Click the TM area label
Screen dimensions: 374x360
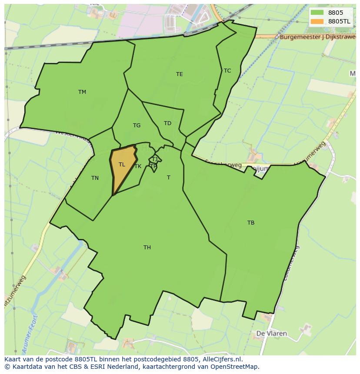82,92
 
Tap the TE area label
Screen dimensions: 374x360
180,74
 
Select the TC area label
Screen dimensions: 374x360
227,70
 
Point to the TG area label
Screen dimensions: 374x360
137,126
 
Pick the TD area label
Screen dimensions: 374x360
167,123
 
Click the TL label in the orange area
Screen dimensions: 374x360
122,165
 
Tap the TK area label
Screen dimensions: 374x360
138,166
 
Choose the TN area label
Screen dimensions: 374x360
95,178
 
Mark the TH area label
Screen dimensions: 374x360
147,247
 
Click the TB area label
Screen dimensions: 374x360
251,223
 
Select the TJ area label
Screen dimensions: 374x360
154,159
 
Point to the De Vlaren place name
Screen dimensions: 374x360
271,334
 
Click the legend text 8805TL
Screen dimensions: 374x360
339,21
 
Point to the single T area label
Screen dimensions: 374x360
169,177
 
